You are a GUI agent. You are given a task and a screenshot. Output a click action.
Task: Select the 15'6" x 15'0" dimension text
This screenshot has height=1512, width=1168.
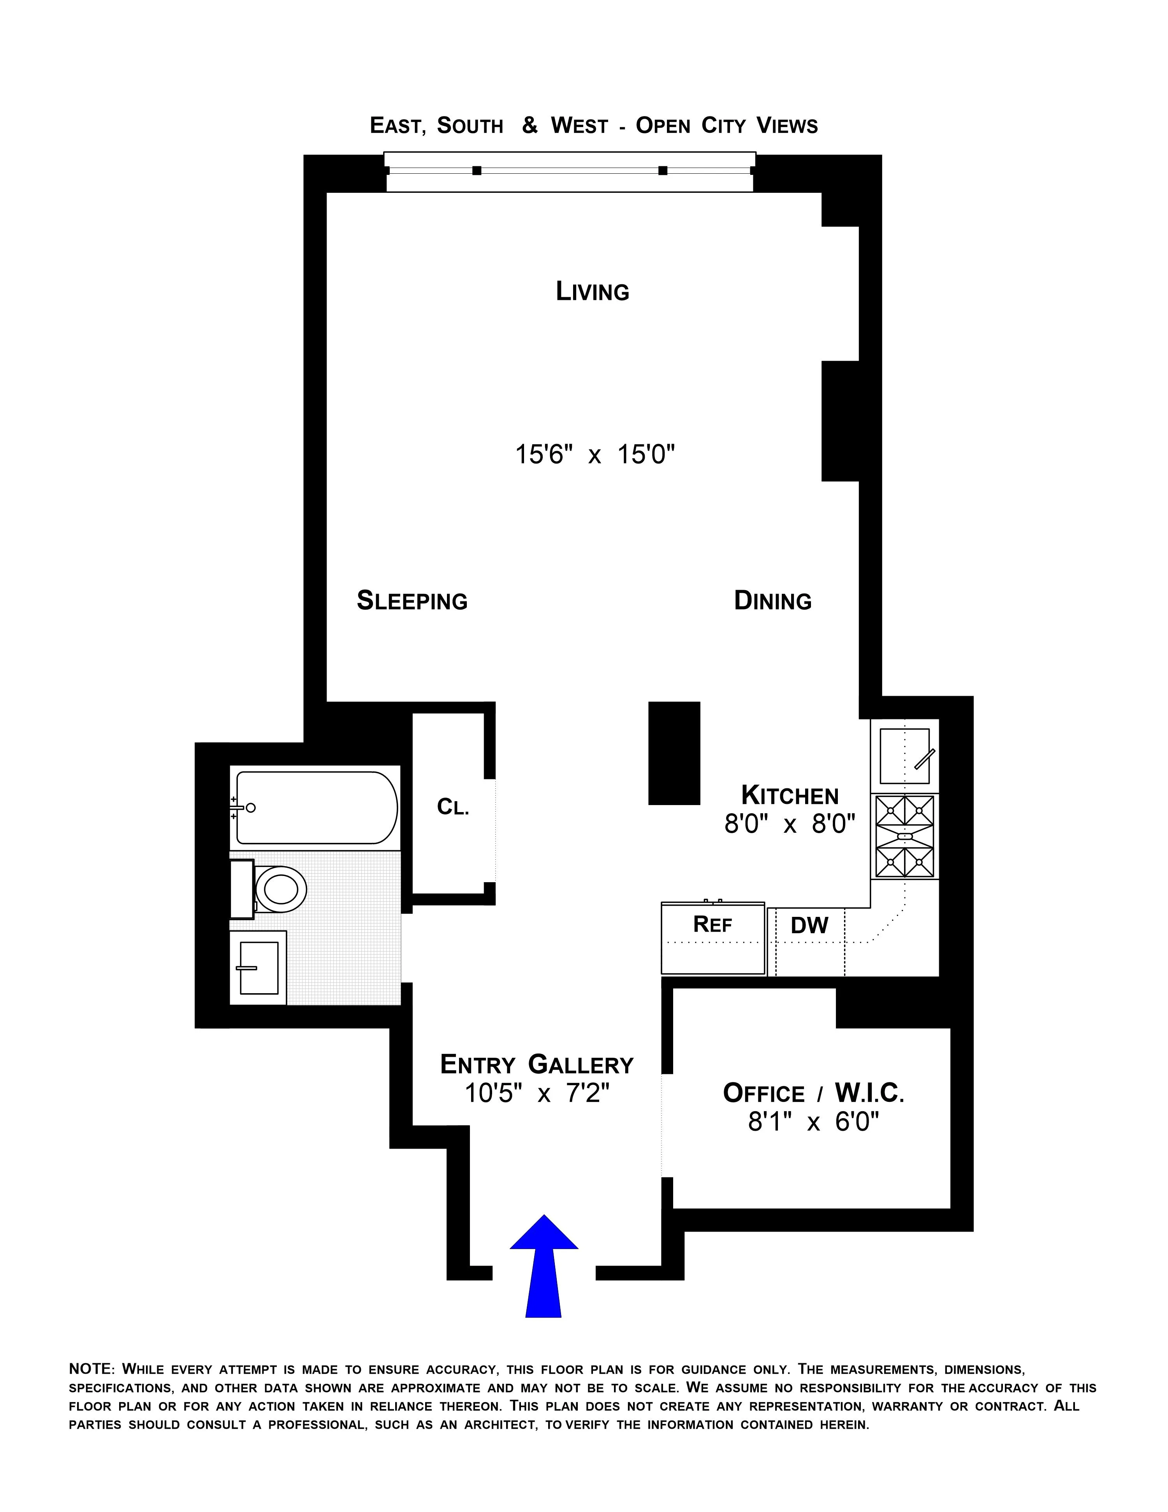point(595,455)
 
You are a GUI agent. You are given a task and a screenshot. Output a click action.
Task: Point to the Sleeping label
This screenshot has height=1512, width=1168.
point(412,600)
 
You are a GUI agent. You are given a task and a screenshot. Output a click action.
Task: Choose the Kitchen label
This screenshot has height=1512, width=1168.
point(790,795)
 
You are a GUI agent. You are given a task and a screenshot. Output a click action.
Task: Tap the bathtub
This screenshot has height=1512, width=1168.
point(316,807)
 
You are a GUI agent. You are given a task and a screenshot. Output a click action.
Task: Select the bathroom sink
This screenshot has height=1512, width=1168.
point(258,967)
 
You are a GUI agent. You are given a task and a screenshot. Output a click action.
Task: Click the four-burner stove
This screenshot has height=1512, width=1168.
point(904,836)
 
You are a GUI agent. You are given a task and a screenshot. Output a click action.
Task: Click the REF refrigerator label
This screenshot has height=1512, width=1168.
point(712,924)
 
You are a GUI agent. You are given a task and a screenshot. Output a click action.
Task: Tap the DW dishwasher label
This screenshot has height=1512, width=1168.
point(809,925)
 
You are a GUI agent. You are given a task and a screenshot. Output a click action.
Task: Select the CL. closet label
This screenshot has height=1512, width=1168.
point(453,807)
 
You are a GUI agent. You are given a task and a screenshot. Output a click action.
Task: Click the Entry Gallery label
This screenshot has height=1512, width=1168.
point(537,1064)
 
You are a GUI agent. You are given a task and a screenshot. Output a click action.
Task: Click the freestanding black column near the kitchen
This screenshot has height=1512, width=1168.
point(674,753)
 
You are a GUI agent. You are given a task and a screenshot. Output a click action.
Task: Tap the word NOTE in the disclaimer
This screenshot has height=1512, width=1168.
point(90,1369)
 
